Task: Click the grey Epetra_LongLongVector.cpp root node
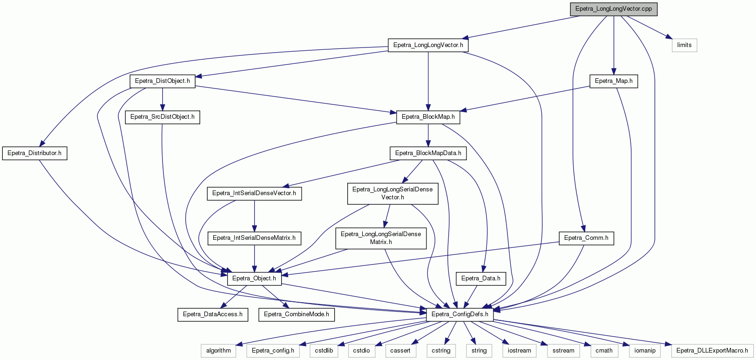pos(614,9)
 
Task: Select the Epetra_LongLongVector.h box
pos(428,45)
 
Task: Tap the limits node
pos(684,45)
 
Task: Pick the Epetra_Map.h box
pos(614,82)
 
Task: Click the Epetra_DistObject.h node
pos(162,82)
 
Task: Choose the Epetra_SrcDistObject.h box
pos(162,117)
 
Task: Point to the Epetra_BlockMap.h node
pos(428,117)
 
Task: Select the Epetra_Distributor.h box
pos(34,153)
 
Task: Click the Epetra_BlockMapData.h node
pos(428,153)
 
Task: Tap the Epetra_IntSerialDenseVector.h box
pos(254,194)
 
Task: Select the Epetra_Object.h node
pos(254,278)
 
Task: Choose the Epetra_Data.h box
pos(480,278)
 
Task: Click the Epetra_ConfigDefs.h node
pos(459,315)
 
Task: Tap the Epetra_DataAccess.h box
pos(213,315)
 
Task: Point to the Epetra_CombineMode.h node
pos(297,315)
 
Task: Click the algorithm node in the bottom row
pos(218,351)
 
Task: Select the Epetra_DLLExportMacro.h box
pos(712,351)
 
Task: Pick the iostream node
pos(519,351)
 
